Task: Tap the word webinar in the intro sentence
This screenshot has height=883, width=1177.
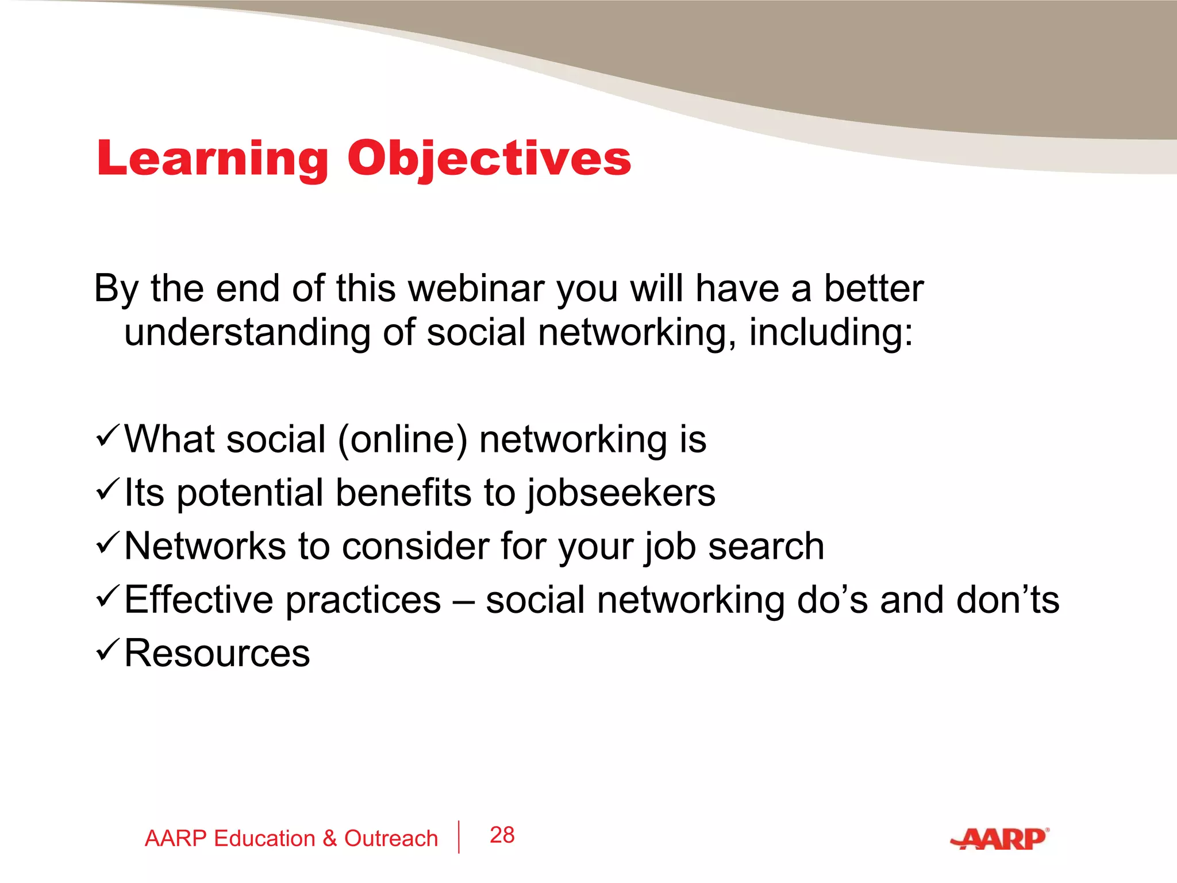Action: [476, 288]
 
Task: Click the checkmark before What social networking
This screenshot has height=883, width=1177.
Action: [108, 436]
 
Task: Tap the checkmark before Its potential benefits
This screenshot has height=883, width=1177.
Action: [108, 489]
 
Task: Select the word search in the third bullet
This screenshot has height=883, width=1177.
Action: [766, 546]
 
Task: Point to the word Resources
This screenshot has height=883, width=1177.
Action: [217, 654]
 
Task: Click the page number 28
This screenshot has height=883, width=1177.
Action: [502, 835]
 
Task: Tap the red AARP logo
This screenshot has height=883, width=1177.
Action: [999, 839]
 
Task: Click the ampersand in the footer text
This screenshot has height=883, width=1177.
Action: [329, 839]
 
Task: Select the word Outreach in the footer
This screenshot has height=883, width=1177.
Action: [391, 839]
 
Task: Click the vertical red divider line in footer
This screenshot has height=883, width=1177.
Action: [459, 837]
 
